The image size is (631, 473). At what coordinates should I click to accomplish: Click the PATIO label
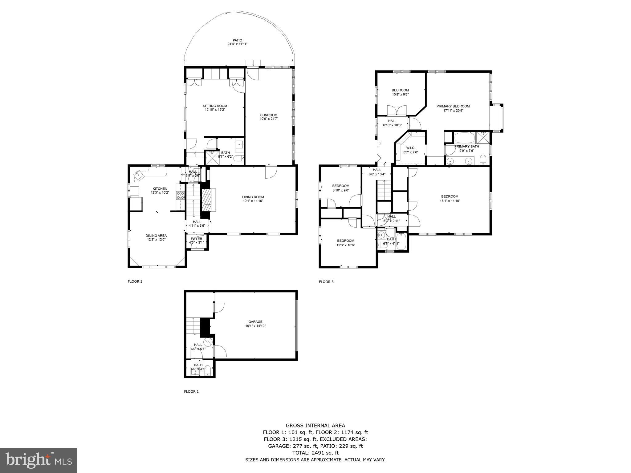237,40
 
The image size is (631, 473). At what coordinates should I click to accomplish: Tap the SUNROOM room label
269,115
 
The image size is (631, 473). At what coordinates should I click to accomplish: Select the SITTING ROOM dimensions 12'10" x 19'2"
215,110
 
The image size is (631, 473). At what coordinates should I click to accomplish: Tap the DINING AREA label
156,236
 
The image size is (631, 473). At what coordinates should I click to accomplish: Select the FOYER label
197,239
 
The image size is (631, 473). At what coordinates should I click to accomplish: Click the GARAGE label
255,322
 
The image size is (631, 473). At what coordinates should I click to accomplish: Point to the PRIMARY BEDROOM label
453,106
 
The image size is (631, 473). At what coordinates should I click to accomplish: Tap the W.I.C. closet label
411,148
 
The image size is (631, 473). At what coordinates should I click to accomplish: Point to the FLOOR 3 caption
326,281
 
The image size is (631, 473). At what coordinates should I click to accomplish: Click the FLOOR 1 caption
191,391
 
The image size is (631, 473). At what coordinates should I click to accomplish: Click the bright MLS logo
39,460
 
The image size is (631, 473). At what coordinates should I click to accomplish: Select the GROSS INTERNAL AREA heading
315,426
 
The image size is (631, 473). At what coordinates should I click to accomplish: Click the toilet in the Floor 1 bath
208,370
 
